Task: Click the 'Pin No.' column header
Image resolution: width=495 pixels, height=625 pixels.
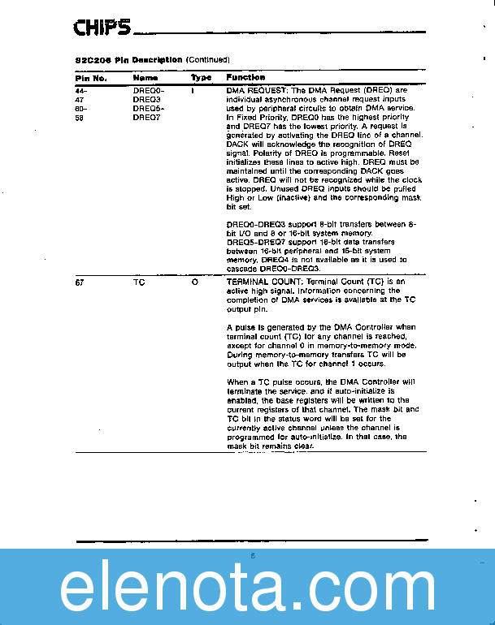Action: (91, 78)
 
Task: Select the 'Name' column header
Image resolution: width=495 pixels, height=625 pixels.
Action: (145, 78)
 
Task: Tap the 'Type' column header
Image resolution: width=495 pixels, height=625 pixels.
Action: (201, 78)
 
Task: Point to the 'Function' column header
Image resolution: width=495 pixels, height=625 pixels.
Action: (245, 78)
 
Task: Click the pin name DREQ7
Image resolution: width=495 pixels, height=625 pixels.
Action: (148, 117)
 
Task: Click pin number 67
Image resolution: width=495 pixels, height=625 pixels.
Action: (80, 282)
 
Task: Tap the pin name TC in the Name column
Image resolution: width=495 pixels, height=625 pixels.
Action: (138, 282)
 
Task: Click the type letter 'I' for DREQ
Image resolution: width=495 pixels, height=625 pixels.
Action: (193, 90)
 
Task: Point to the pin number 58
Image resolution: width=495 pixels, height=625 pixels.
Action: (80, 117)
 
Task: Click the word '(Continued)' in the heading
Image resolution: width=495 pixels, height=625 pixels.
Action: (208, 60)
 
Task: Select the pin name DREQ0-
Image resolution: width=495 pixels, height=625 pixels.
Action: (149, 90)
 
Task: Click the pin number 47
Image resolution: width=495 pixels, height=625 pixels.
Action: (80, 99)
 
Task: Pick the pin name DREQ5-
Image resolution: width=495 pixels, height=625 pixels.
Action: (149, 108)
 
